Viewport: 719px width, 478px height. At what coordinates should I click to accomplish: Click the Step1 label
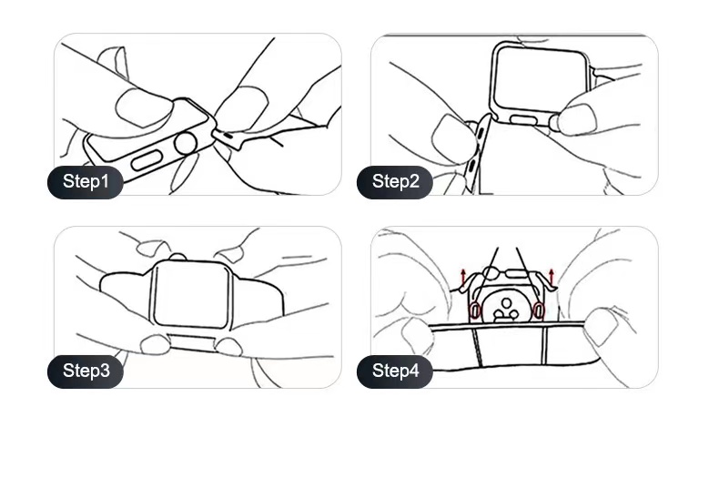[x=86, y=181]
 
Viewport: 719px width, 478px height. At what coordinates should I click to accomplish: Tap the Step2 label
[x=395, y=181]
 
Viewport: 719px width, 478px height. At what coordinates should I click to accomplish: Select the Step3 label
[x=86, y=371]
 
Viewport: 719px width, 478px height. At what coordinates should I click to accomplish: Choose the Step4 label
[x=395, y=371]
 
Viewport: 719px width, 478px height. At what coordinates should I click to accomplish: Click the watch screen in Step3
[x=192, y=292]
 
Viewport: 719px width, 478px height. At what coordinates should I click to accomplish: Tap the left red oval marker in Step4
[x=474, y=310]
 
